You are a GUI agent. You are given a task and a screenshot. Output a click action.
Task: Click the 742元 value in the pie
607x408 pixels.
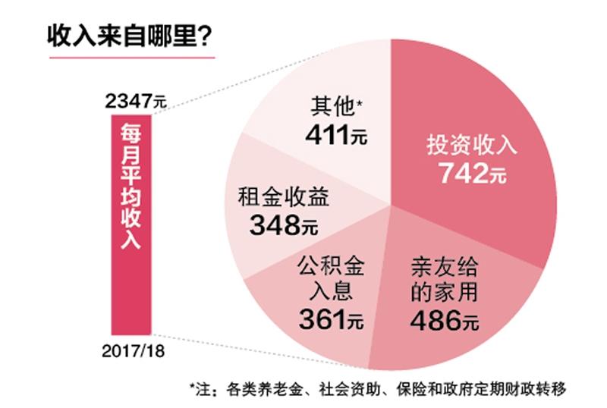[471, 173]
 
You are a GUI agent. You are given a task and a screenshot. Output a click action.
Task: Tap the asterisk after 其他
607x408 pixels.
[359, 102]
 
